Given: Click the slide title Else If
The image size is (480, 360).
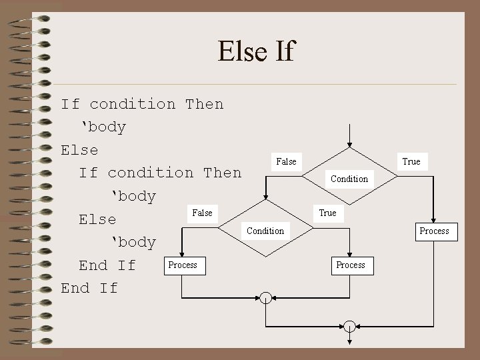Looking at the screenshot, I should click(255, 51).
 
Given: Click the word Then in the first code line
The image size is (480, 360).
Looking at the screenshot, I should click(205, 104).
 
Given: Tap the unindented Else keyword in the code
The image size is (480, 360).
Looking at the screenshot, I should click(79, 150).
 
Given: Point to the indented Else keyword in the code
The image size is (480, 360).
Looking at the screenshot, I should click(97, 219).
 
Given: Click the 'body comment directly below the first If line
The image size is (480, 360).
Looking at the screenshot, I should click(103, 127).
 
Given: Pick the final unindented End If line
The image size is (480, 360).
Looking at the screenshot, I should click(89, 288).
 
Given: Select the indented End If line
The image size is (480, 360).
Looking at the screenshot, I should click(107, 265).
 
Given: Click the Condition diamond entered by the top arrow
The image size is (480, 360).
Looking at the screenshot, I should click(349, 177).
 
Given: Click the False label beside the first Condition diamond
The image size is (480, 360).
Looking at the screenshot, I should click(286, 161).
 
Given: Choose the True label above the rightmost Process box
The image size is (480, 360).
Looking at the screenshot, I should click(411, 161).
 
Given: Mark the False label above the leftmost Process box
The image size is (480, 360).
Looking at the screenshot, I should click(202, 213).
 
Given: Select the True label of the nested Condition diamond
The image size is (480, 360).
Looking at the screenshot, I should click(327, 213).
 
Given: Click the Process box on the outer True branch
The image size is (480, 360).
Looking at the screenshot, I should click(434, 231).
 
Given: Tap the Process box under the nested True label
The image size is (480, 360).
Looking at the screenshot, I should click(351, 265).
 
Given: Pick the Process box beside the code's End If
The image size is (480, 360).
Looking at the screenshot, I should click(183, 265).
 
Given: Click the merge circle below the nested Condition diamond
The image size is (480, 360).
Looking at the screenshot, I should click(265, 297).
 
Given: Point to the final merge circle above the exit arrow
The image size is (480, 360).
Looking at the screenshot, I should click(349, 326).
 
